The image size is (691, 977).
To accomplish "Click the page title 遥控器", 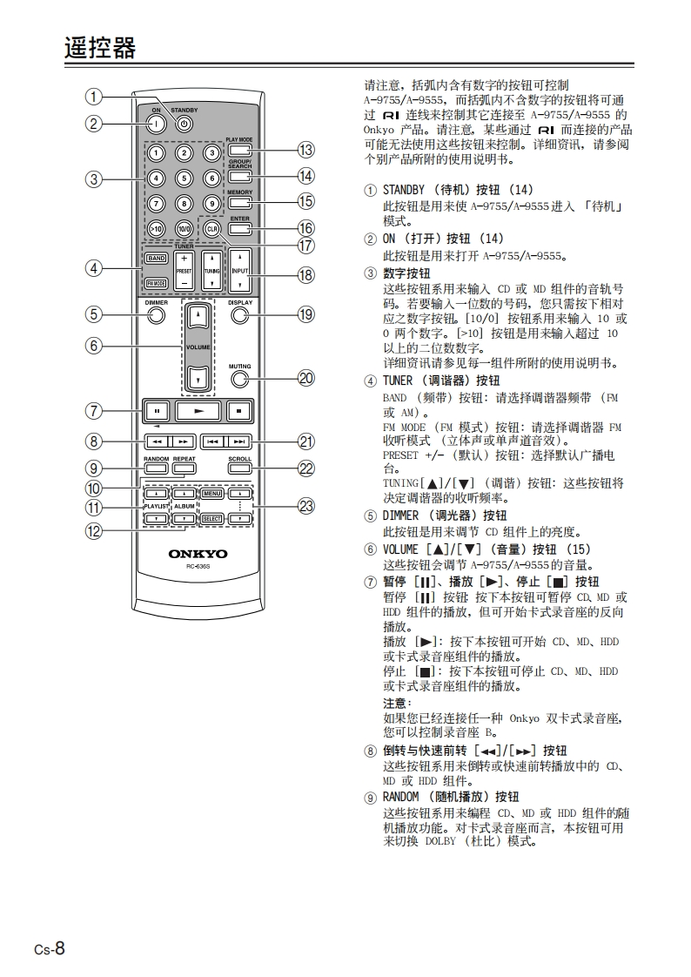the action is (100, 48).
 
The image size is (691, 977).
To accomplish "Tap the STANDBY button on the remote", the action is (184, 124).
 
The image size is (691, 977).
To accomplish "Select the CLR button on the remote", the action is (211, 228).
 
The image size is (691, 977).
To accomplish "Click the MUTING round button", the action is (240, 378).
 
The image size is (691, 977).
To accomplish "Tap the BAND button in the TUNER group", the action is (157, 259).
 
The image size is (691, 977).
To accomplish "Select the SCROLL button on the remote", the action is (240, 468).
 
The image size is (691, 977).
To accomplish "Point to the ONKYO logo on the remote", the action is (198, 553).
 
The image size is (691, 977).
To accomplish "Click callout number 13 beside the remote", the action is (305, 150).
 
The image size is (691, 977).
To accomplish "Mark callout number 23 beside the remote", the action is (305, 506).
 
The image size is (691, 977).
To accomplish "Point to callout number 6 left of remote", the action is (93, 346).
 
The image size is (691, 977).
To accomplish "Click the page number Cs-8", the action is (50, 948).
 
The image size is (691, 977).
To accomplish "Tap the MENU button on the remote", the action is (212, 495).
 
